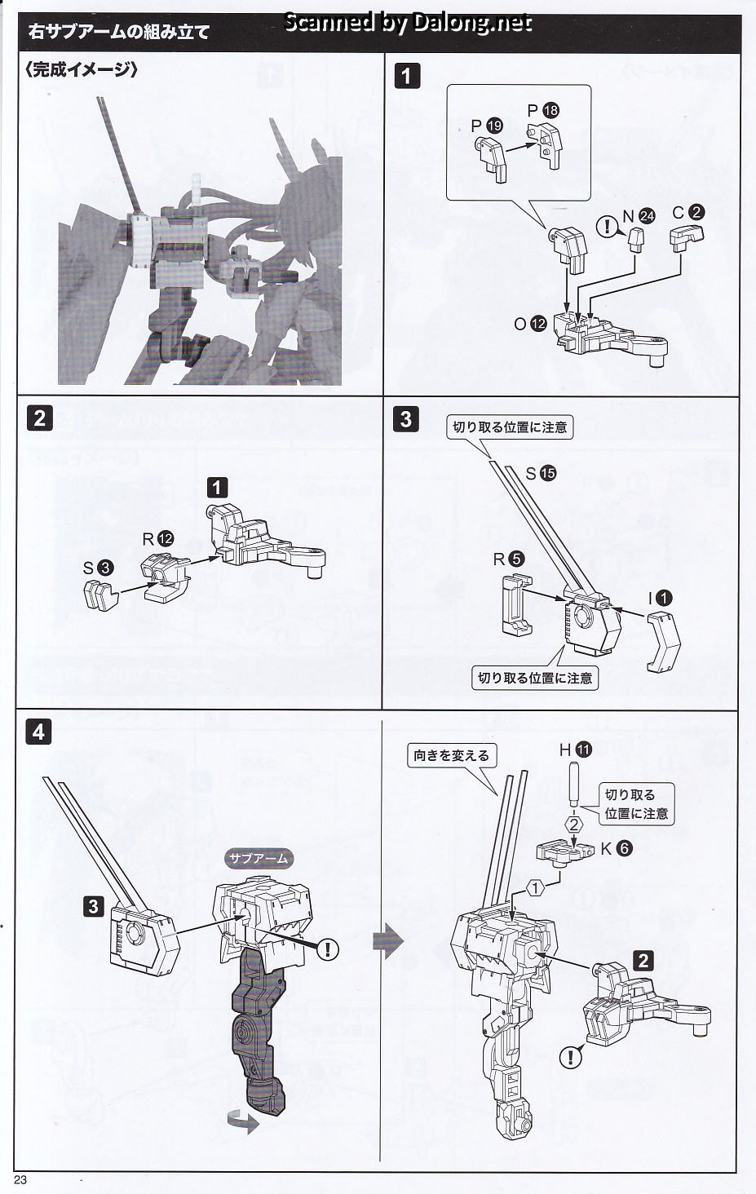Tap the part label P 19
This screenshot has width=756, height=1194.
[487, 126]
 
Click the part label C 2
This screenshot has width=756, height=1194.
[687, 212]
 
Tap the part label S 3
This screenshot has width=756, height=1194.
[96, 568]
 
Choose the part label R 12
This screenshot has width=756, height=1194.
[158, 538]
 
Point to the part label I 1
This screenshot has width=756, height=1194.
[660, 598]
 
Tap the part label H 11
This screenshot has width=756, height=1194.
[575, 749]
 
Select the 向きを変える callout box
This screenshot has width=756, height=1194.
[451, 755]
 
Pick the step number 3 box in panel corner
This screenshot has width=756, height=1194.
[405, 420]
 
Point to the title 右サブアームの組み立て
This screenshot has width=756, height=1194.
[119, 32]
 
